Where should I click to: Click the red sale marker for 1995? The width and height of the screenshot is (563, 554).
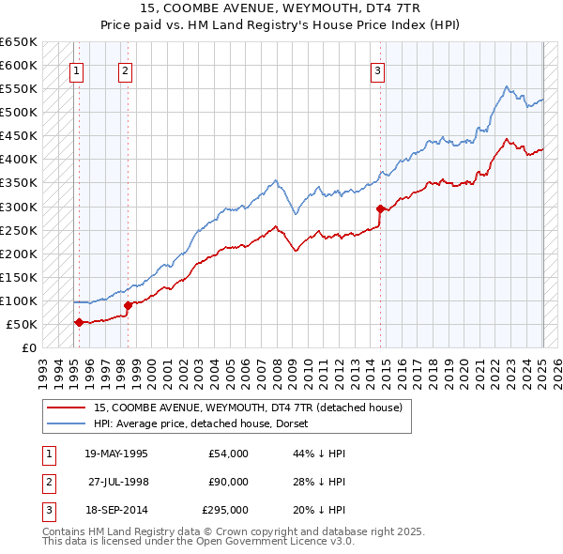point(79,322)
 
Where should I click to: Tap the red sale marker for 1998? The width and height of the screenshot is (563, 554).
point(128,305)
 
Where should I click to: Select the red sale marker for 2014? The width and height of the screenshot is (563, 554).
point(380,208)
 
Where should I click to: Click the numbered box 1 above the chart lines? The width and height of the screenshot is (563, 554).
point(75,69)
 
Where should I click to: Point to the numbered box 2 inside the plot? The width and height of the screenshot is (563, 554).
point(125,69)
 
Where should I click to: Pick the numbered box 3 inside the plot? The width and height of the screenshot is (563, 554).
point(377,69)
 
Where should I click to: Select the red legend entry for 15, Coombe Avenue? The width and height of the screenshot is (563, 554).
point(248,408)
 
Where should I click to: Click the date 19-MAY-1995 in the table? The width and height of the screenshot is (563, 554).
point(116,454)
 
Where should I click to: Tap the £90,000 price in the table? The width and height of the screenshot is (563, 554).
point(228,482)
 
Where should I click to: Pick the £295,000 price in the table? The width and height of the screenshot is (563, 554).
point(225,510)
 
